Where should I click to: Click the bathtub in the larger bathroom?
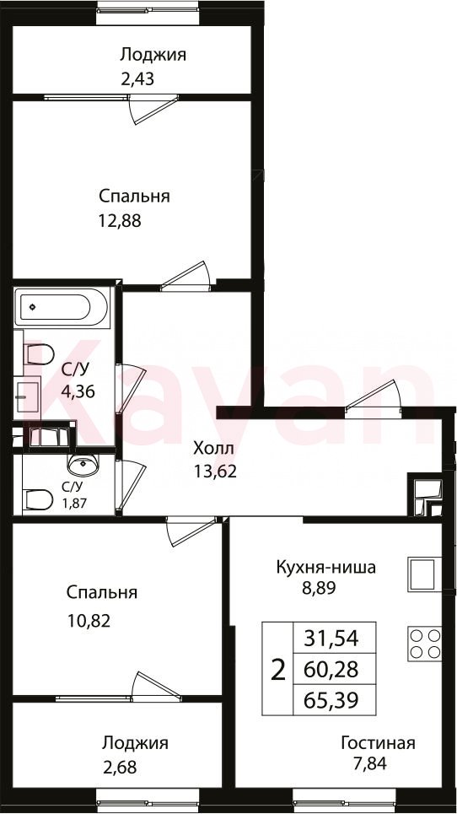(62, 307)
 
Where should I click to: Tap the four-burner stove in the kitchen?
(424, 644)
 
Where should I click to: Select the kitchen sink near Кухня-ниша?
(424, 574)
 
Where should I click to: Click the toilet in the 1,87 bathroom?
(39, 500)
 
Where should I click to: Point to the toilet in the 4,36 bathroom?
(39, 354)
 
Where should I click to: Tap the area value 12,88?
(120, 221)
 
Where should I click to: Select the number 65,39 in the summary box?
(332, 701)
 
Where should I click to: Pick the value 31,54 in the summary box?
(332, 638)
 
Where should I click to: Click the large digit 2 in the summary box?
(278, 670)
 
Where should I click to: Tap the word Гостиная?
(378, 743)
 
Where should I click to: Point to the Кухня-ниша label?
(325, 567)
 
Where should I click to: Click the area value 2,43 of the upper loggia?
(137, 79)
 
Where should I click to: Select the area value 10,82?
(89, 620)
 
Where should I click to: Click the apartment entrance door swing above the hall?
(374, 396)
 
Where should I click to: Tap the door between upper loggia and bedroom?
(152, 108)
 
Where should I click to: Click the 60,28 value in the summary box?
(332, 670)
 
